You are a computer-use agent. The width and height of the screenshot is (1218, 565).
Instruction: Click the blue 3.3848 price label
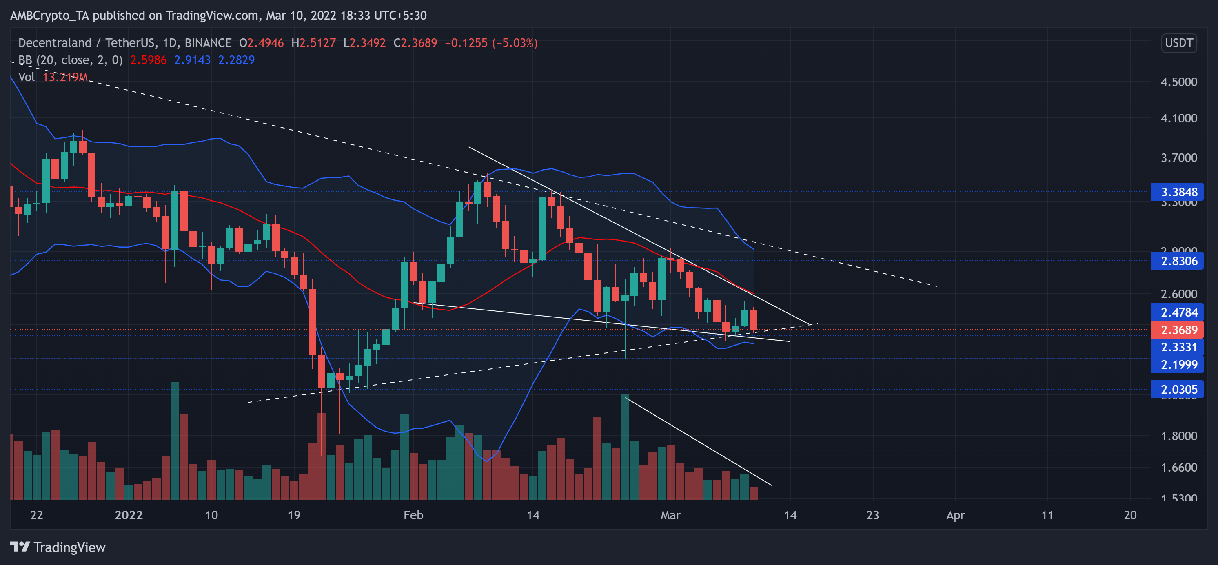coord(1178,192)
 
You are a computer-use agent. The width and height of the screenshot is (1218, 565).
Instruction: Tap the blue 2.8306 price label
coord(1178,261)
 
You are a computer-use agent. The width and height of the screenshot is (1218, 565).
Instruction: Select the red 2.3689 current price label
coord(1178,330)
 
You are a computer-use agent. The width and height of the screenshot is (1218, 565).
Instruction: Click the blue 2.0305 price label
coord(1178,390)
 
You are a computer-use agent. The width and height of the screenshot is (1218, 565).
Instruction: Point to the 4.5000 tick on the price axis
coord(1178,82)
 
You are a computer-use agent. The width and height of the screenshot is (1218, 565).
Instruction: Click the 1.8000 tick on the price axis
coord(1178,435)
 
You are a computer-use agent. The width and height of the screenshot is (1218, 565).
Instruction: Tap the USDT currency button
coord(1178,43)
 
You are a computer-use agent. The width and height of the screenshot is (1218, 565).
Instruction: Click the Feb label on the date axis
coord(413,515)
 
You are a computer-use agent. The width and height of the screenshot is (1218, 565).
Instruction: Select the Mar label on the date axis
coord(670,515)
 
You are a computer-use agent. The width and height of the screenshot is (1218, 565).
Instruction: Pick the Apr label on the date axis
coord(955,515)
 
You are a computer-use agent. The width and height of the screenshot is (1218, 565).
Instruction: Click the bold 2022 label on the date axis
coord(129,515)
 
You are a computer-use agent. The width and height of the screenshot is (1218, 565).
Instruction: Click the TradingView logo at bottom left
coord(58,547)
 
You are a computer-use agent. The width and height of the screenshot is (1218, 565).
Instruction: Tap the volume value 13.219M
coord(65,77)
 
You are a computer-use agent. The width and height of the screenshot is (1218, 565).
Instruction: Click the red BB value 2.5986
coord(148,60)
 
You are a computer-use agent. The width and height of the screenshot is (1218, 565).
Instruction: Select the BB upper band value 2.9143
coord(192,60)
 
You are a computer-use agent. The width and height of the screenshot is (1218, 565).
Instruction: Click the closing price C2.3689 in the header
coord(415,43)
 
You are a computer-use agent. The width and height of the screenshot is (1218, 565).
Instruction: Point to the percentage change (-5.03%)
coord(515,43)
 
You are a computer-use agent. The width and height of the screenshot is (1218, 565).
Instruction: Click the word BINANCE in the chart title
coord(208,43)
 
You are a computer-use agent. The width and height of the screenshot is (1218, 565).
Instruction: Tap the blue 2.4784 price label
coord(1178,312)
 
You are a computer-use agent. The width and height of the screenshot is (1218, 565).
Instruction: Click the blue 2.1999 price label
coord(1178,365)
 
